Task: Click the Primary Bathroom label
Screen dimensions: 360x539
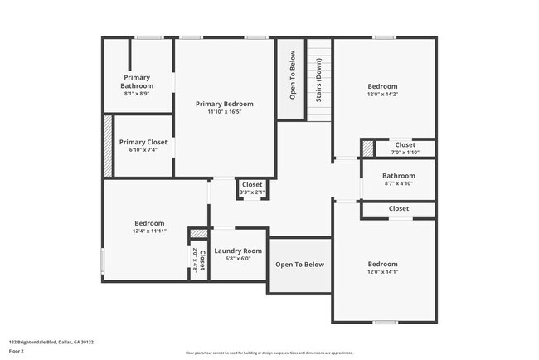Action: [x=138, y=81]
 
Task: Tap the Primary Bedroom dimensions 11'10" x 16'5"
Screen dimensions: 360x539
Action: [x=225, y=112]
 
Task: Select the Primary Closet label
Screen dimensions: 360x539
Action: [x=143, y=142]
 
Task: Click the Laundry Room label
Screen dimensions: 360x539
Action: [x=238, y=251]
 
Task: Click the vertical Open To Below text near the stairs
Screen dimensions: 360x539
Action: [x=292, y=76]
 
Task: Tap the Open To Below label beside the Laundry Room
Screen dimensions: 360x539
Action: [x=299, y=265]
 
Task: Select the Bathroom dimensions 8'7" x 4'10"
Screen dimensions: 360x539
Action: [x=398, y=184]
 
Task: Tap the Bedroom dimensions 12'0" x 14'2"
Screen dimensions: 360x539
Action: [x=383, y=95]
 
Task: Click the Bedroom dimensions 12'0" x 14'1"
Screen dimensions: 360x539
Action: [x=383, y=272]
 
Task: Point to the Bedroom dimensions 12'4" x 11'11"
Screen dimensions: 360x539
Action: [x=150, y=231]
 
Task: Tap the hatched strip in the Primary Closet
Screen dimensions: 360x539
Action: [x=107, y=146]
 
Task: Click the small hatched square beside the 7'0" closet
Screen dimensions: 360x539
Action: [x=367, y=148]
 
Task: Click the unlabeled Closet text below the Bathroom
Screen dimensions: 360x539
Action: [x=399, y=208]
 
